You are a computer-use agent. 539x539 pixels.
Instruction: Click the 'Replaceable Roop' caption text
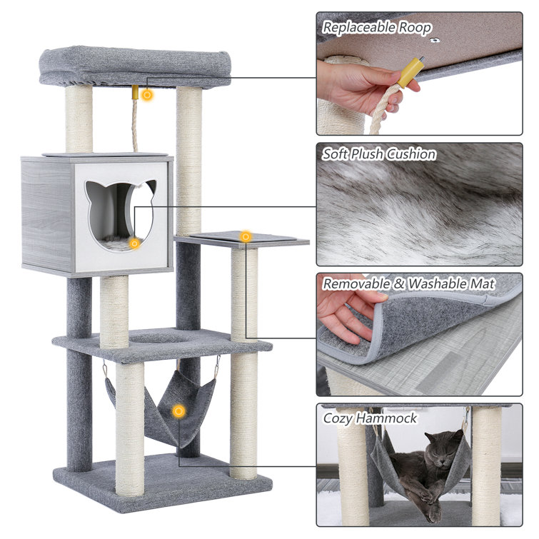pyautogui.click(x=376, y=28)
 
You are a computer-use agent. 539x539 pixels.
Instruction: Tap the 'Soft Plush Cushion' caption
pyautogui.click(x=378, y=153)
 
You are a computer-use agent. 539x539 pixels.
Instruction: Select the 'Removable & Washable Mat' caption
pyautogui.click(x=408, y=283)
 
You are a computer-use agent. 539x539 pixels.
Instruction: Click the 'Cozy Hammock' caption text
pyautogui.click(x=370, y=418)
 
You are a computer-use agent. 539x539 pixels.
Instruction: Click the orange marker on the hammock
pyautogui.click(x=178, y=411)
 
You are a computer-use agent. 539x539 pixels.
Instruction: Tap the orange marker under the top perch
pyautogui.click(x=146, y=94)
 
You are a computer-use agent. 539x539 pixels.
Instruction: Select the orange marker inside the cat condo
pyautogui.click(x=134, y=243)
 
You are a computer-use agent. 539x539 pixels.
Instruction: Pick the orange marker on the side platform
pyautogui.click(x=246, y=236)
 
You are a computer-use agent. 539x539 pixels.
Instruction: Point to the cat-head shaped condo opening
pyautogui.click(x=120, y=211)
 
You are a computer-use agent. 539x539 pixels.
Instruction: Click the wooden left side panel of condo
pyautogui.click(x=47, y=214)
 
